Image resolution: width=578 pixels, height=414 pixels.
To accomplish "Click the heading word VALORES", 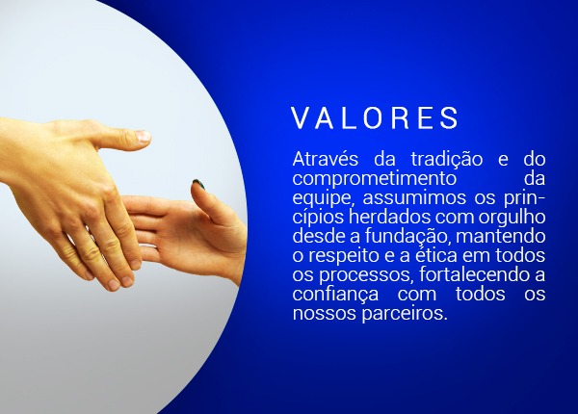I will coord(375,117).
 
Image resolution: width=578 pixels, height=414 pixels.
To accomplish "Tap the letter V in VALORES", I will coord(300,117).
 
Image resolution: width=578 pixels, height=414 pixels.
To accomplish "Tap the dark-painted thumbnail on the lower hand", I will coord(200,183).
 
